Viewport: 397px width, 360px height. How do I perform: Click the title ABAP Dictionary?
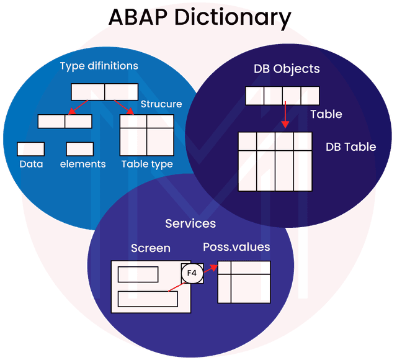(199, 17)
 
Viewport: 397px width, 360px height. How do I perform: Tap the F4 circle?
(192, 272)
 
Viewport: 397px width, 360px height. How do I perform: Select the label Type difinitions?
(99, 65)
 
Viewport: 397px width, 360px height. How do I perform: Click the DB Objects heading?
(287, 69)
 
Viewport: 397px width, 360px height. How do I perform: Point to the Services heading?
(190, 223)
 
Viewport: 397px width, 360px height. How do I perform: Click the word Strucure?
(161, 104)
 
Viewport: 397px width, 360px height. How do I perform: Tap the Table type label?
(146, 164)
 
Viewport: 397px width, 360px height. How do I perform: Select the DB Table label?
(350, 147)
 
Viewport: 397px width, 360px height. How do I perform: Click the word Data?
(31, 164)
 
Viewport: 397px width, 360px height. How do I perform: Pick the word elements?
(83, 164)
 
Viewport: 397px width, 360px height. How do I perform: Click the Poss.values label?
(236, 246)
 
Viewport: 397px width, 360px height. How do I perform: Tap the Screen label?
(150, 248)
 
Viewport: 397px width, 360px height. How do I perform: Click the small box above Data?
(30, 149)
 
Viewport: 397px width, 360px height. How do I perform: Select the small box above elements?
(79, 149)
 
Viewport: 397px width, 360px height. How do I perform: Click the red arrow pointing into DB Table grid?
(285, 115)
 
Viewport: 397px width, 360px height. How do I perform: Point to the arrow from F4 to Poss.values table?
(210, 269)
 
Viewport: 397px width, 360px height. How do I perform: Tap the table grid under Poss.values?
(244, 282)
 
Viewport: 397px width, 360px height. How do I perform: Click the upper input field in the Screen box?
(138, 274)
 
